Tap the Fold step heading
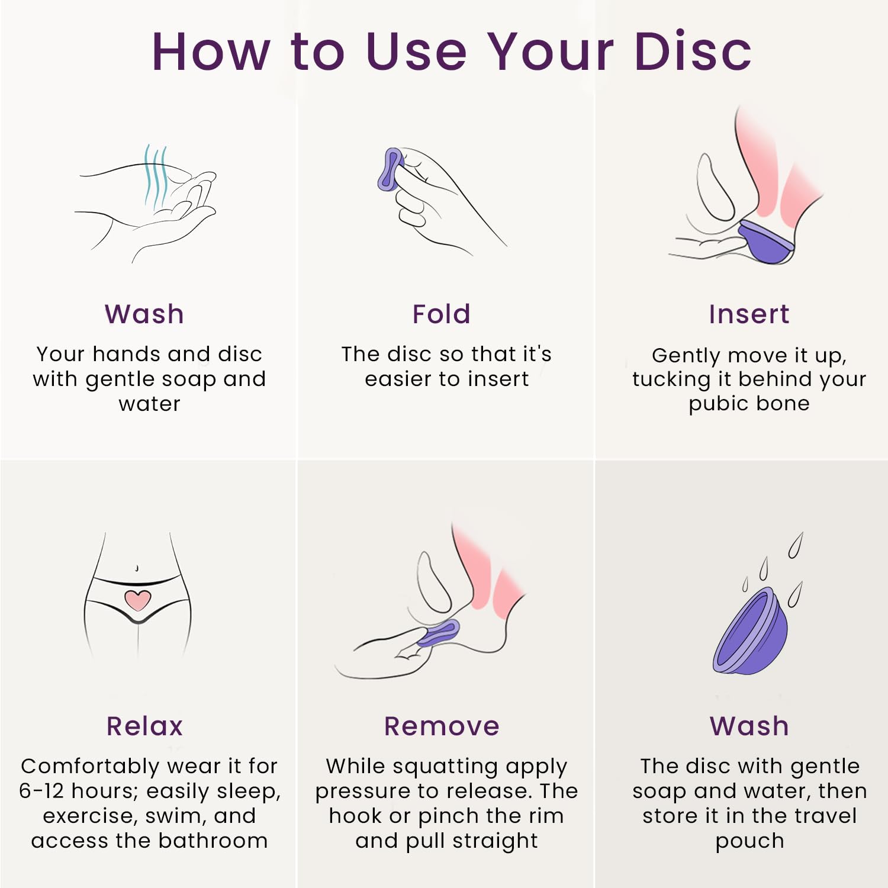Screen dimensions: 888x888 click(x=442, y=314)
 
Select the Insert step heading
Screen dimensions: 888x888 click(x=749, y=314)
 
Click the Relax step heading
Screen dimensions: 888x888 click(x=145, y=726)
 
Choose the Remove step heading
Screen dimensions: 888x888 click(x=442, y=726)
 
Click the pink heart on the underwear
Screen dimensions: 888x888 click(x=138, y=600)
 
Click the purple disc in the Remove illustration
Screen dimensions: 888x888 click(x=438, y=633)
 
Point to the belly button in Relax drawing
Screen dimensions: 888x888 click(x=137, y=568)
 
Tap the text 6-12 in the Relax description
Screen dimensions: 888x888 click(x=41, y=791)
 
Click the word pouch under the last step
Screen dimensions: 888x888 click(x=749, y=842)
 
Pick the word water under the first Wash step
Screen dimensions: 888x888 click(x=149, y=404)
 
